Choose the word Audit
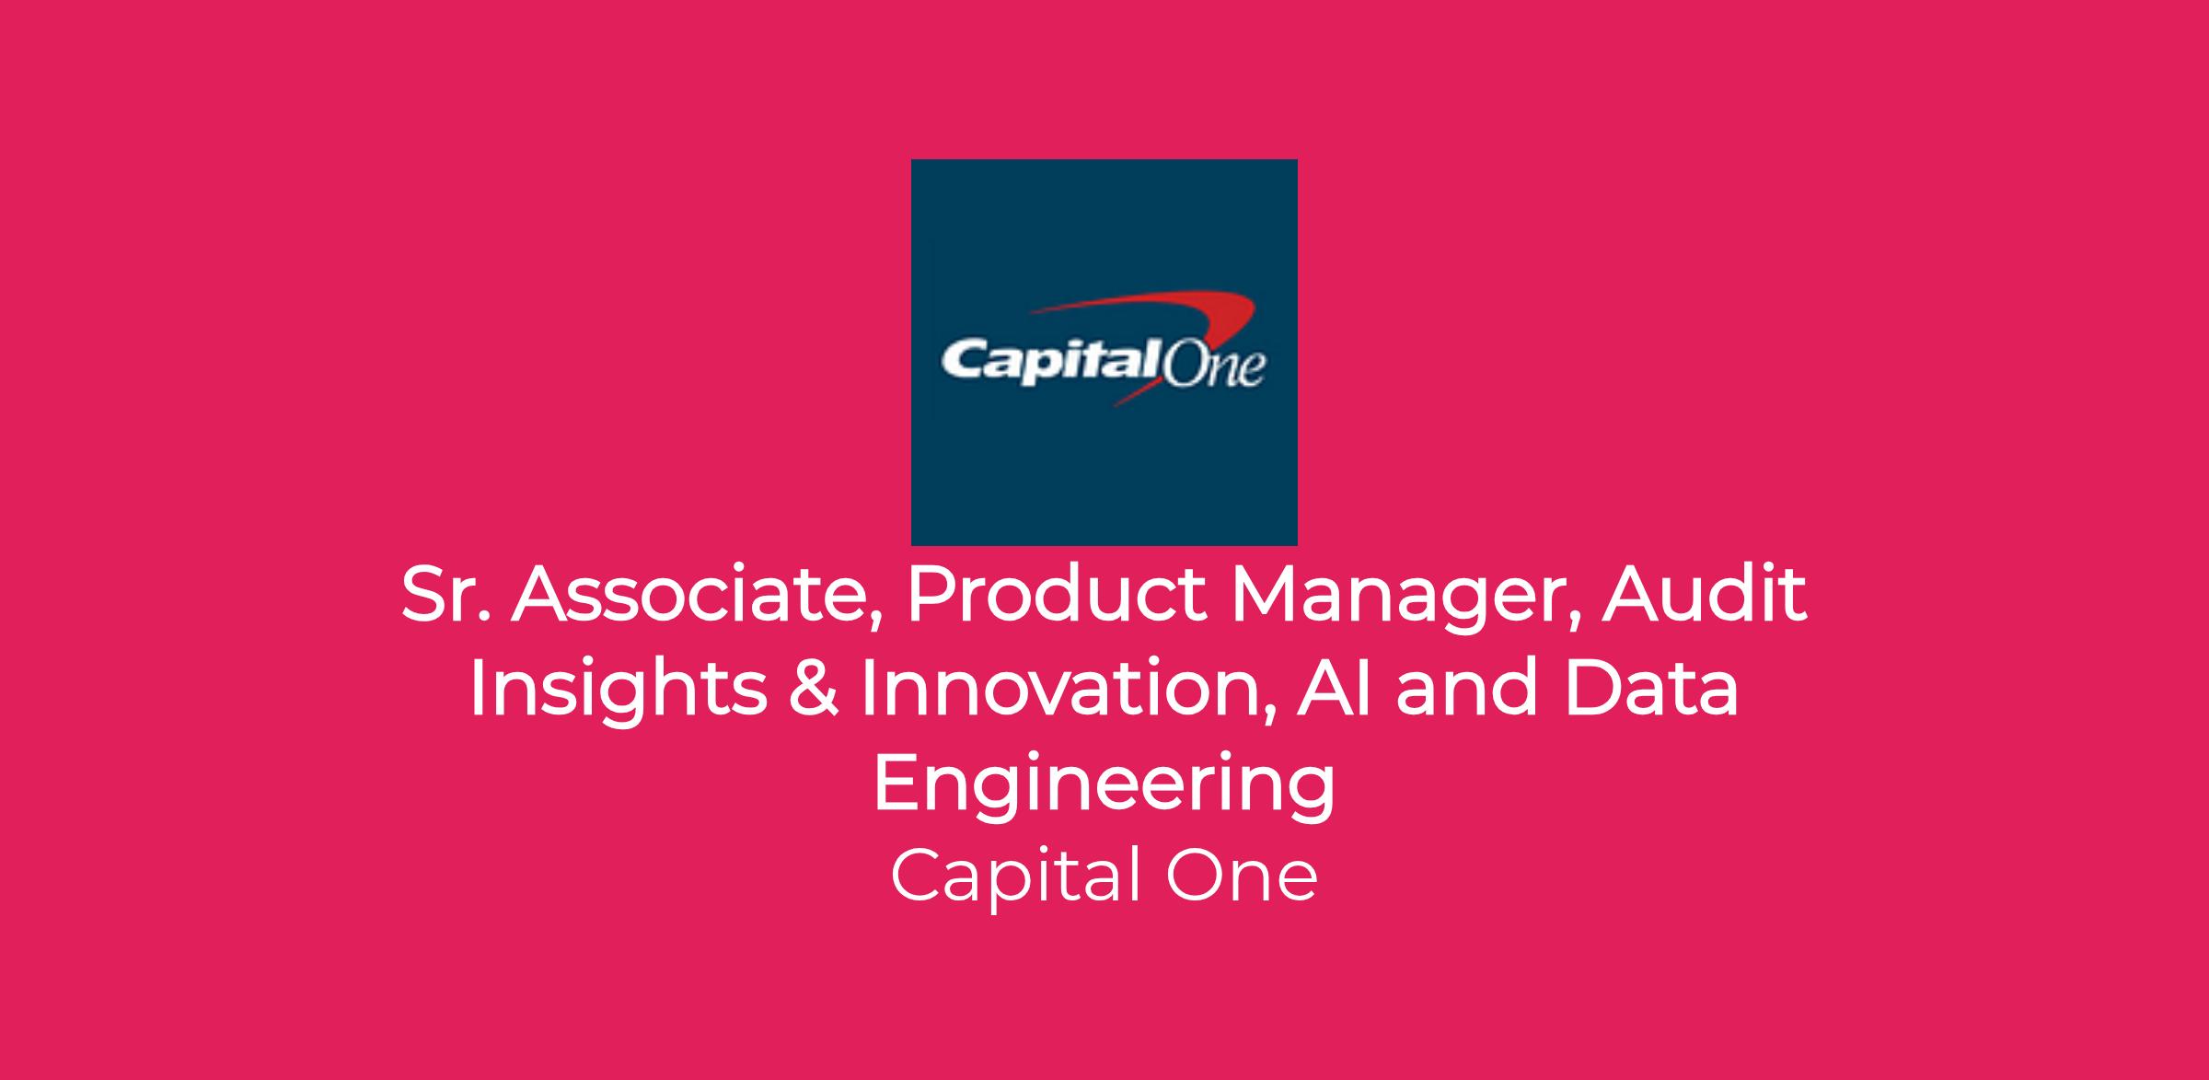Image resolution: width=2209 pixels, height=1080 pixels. point(1705,594)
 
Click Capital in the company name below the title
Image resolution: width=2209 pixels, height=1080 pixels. point(1016,878)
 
